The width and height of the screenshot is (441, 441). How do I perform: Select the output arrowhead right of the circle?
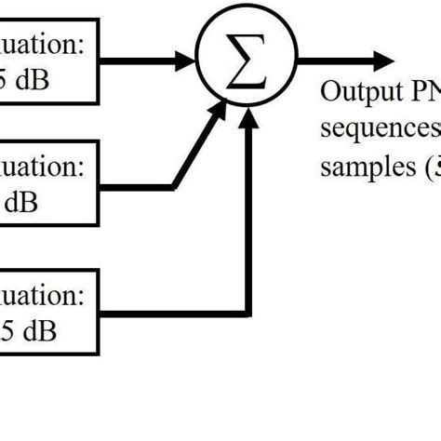tap(382, 61)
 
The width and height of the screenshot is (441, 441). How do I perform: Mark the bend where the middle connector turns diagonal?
tap(172, 185)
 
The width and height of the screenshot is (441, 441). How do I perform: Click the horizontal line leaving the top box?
tap(140, 62)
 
